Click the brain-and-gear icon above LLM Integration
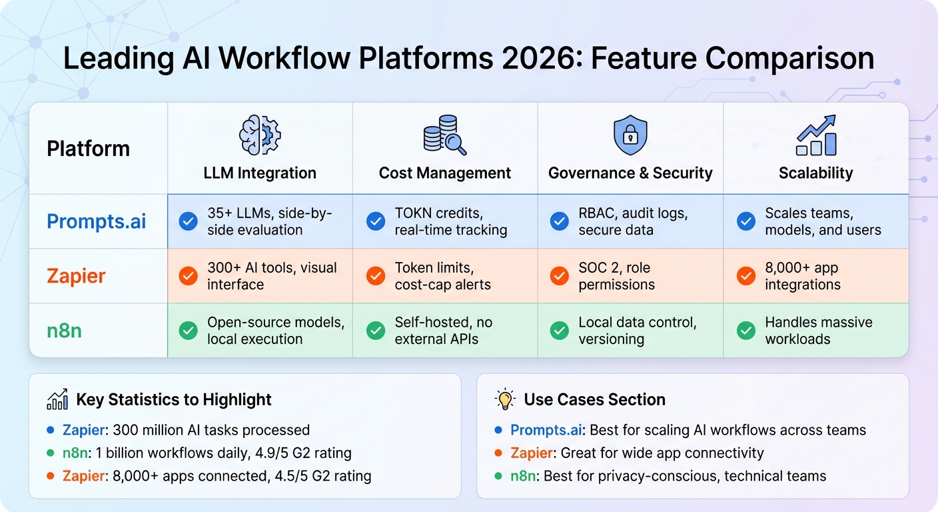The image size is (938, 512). coord(260,135)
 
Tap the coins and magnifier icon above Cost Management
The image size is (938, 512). coord(444,135)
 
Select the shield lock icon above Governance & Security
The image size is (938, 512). coord(630,135)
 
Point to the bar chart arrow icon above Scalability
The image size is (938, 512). coord(816,135)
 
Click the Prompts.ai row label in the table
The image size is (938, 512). coord(97,222)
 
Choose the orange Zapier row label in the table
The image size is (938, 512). coord(76,276)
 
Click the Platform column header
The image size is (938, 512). coord(88,149)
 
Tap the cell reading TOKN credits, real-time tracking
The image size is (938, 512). coord(450,222)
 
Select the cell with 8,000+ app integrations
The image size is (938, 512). coord(802,276)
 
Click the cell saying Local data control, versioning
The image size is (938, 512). coord(637,331)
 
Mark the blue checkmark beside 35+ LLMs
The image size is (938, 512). coord(189,222)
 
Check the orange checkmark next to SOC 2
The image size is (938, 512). coord(560,276)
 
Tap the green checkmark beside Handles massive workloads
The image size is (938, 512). coord(746,331)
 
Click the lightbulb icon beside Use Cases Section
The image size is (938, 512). coord(506,399)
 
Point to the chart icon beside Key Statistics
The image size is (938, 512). coord(57,399)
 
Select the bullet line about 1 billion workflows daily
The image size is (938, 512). coord(207,453)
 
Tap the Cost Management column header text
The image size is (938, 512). coord(444,173)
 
